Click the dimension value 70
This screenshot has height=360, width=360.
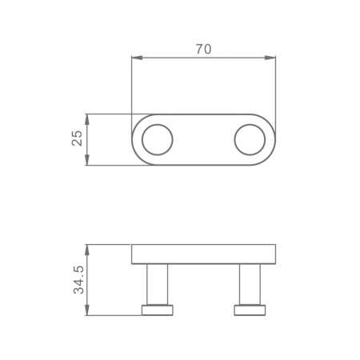(203, 50)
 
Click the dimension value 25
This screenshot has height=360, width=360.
(78, 138)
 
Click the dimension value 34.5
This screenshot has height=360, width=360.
(78, 280)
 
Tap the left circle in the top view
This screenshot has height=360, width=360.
(158, 124)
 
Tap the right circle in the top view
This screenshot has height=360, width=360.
(250, 124)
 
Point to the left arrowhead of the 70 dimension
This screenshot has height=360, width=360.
(137, 58)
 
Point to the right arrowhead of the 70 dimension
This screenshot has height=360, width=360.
(270, 58)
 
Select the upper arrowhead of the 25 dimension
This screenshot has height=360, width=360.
(87, 119)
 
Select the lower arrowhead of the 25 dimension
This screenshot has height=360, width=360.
(87, 160)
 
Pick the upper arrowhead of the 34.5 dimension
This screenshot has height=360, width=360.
(87, 250)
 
